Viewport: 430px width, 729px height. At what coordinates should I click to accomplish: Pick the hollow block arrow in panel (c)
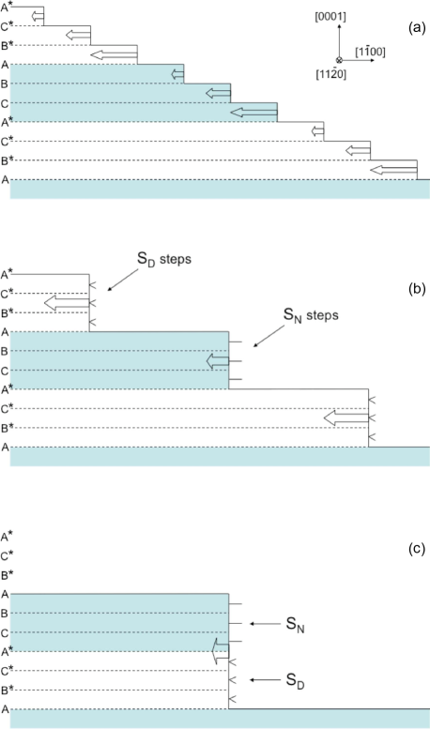[219, 650]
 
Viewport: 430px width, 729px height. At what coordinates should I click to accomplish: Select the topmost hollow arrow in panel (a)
[38, 16]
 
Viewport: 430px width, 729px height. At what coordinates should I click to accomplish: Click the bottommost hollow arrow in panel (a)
[392, 169]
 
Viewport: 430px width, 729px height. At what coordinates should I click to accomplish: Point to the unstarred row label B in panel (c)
[6, 613]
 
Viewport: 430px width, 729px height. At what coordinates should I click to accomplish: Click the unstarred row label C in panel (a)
[6, 103]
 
